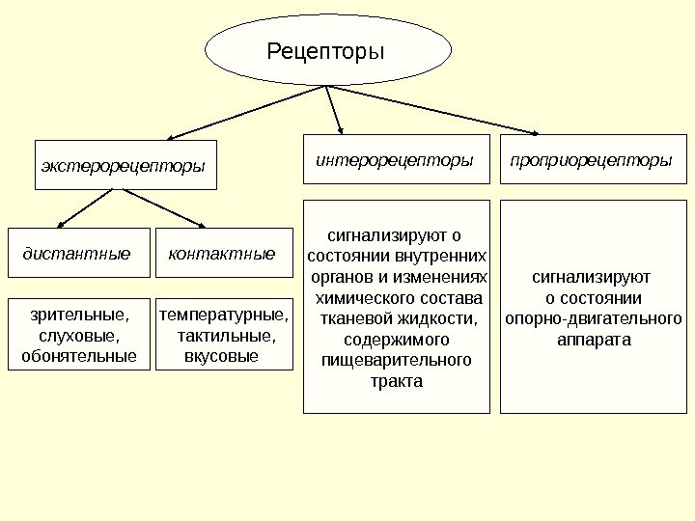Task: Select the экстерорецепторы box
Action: [x=124, y=165]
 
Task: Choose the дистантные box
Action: [x=77, y=254]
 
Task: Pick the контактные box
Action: [x=222, y=254]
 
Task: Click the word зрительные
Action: [x=76, y=315]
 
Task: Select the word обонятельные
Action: [x=79, y=357]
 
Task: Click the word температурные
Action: [x=223, y=315]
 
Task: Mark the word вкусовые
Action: [x=221, y=357]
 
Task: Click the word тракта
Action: [x=397, y=381]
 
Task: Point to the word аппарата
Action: [x=594, y=340]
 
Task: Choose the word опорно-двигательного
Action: [x=594, y=318]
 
